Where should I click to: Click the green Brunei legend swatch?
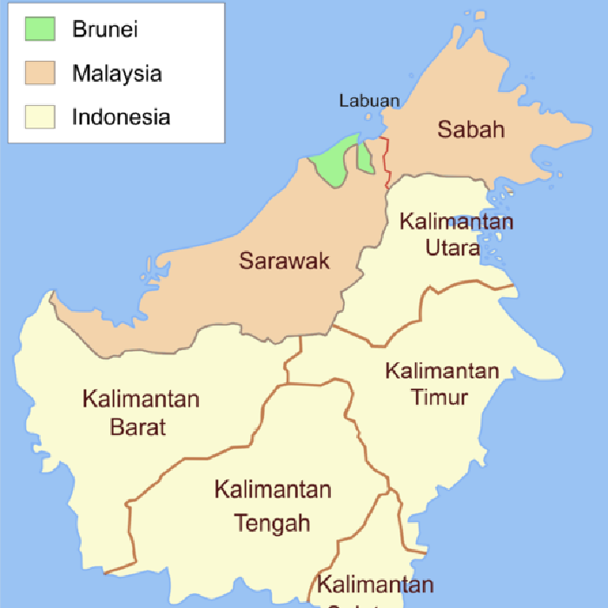[x=40, y=29]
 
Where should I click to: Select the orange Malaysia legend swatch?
[x=40, y=73]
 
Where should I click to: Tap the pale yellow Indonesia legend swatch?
[x=40, y=116]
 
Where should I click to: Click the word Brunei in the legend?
[x=105, y=30]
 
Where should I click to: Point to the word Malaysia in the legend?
[x=116, y=74]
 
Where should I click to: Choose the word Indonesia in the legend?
[x=121, y=117]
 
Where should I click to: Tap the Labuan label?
[x=369, y=101]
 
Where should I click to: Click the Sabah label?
[x=471, y=130]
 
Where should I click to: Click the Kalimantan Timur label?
[x=441, y=385]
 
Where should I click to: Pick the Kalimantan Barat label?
[x=141, y=413]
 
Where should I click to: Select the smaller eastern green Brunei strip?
[x=366, y=157]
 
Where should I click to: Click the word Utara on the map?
[x=453, y=248]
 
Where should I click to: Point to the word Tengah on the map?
[x=273, y=524]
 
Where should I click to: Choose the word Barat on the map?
[x=138, y=427]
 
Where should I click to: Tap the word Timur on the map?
[x=441, y=398]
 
